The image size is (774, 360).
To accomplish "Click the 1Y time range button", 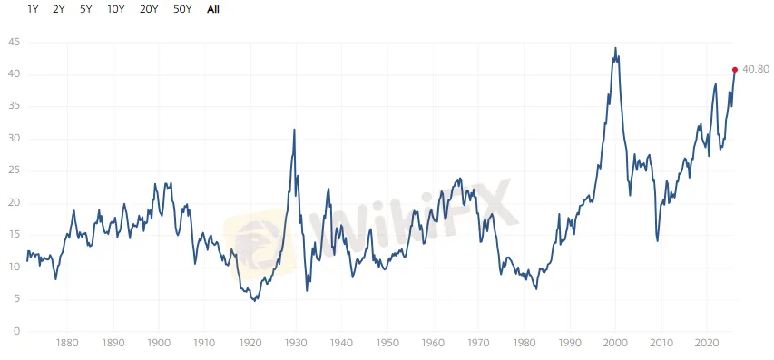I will [33, 9].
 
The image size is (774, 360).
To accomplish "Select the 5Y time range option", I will [85, 9].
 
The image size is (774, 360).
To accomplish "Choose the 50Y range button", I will [182, 9].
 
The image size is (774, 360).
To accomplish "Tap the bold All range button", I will [213, 9].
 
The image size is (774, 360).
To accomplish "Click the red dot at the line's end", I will [734, 69].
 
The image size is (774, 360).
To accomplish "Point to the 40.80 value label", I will [756, 69].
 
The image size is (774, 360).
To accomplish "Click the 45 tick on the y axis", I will [14, 42].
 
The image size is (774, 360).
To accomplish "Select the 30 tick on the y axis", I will [14, 139].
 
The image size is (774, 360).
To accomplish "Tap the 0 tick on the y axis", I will [16, 332].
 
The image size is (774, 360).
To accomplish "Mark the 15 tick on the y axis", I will [14, 235].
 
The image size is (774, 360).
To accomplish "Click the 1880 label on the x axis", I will [66, 344].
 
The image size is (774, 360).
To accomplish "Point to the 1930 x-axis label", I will [296, 344].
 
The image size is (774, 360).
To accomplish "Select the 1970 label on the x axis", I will [479, 344].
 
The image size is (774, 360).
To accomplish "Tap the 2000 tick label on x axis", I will [616, 344].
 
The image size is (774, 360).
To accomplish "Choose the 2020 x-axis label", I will [708, 344].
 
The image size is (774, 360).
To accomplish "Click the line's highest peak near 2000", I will [615, 48].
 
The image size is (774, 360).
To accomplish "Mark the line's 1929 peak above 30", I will [294, 130].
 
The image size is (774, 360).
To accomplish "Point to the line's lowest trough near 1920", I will [255, 300].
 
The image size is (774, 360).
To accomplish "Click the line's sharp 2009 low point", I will [658, 240].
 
